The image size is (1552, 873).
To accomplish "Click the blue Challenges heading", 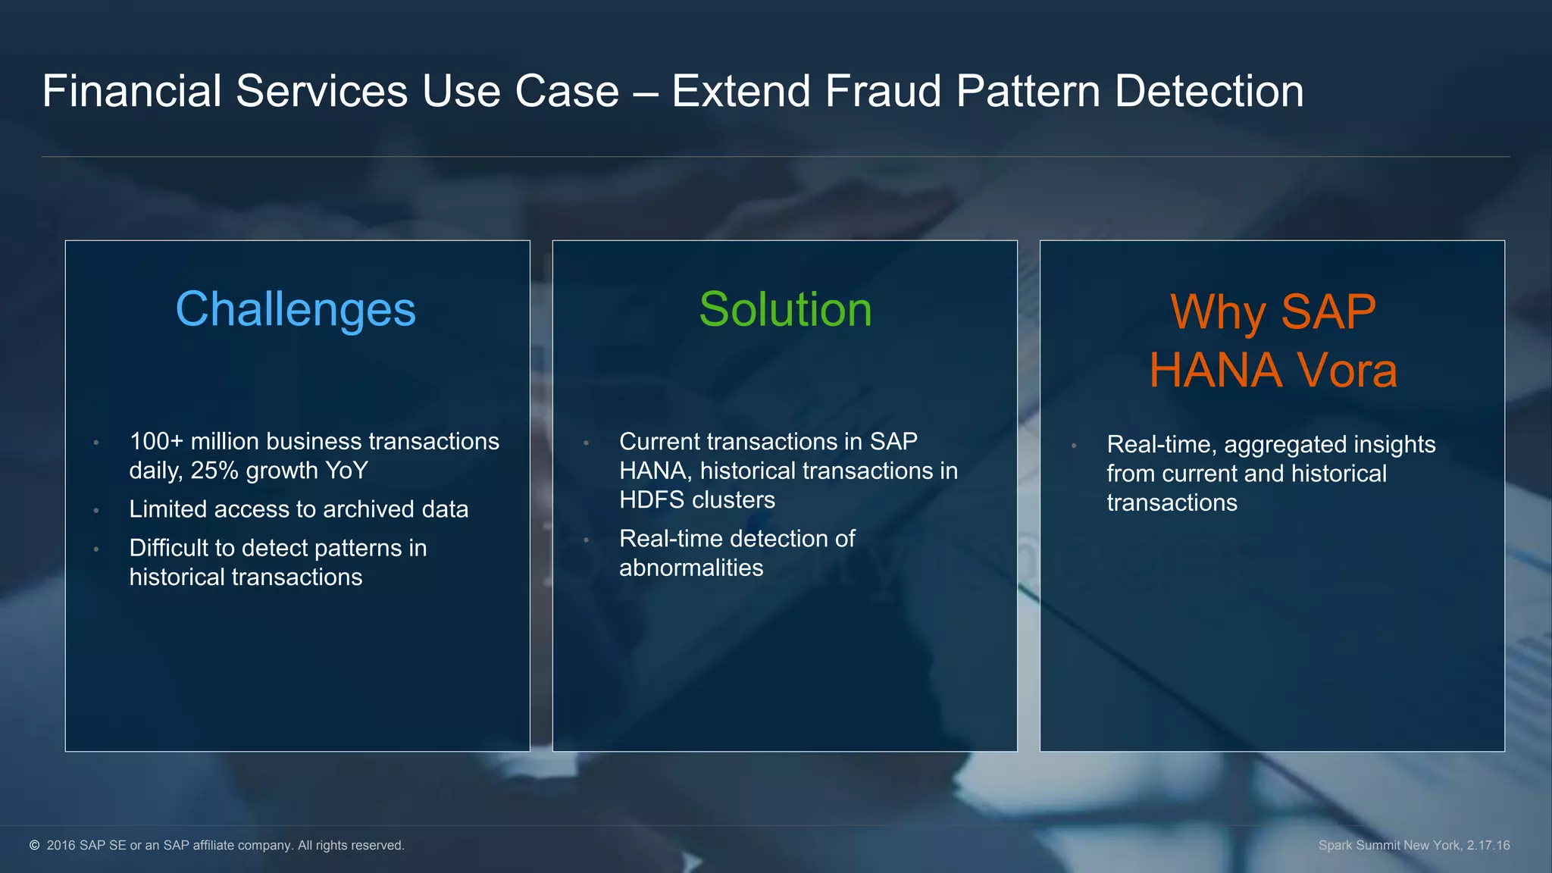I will (296, 310).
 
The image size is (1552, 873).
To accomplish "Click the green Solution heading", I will (785, 310).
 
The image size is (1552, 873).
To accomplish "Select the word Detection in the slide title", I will (1209, 92).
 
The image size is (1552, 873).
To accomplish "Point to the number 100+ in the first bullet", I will (156, 441).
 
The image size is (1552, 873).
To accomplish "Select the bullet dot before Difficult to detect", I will (96, 549).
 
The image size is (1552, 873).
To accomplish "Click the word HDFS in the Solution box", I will (652, 500).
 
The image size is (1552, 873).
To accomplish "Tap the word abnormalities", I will (691, 568).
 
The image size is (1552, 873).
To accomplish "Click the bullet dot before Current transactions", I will (586, 443).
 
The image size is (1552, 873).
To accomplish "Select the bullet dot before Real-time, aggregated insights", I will (1074, 446).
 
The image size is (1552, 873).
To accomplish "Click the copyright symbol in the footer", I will (35, 845).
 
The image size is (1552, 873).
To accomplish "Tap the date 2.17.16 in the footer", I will (1488, 845).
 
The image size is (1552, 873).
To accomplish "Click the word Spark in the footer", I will (1335, 845).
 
